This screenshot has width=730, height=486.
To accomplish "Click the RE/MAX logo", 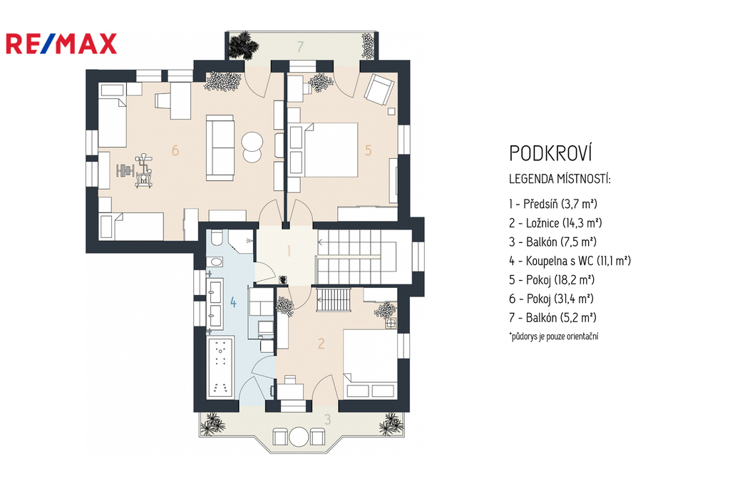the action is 61,43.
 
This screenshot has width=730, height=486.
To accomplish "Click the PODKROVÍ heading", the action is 550,152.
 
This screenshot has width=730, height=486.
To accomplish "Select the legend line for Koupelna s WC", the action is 570,261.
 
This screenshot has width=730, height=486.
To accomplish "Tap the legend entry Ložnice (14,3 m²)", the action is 555,223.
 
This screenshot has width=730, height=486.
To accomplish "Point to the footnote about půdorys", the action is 553,336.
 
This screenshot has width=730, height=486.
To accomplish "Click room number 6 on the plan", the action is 175,150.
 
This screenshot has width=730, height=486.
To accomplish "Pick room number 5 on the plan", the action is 369,150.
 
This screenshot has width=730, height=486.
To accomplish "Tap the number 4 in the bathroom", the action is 233,303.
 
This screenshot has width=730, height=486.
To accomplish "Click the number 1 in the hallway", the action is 289,252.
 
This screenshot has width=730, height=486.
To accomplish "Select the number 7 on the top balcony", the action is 300,46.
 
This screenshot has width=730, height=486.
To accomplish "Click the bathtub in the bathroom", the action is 220,368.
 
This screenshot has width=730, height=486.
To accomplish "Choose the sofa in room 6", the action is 220,148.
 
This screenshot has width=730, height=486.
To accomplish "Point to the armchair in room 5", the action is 379,90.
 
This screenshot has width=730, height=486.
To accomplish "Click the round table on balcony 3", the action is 299,437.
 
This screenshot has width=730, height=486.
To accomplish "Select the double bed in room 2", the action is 370,363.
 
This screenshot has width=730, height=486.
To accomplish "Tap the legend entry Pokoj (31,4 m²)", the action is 551,299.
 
